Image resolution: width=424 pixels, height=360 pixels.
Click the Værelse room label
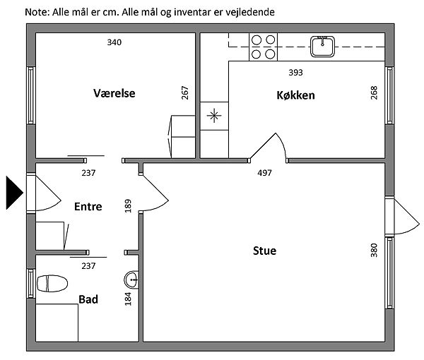(x=114, y=93)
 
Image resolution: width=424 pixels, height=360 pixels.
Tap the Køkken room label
(x=295, y=95)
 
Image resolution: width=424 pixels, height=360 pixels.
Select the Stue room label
(x=264, y=251)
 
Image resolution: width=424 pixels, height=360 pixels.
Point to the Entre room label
(x=88, y=207)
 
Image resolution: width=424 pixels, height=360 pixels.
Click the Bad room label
(x=88, y=299)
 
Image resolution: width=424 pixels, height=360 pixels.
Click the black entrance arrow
(x=14, y=193)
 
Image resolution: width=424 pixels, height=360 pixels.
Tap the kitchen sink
(x=322, y=47)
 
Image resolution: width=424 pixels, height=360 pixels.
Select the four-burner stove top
(x=263, y=47)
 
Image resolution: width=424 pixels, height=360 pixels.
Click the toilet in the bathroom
(x=52, y=284)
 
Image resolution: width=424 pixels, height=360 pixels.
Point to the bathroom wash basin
(x=131, y=280)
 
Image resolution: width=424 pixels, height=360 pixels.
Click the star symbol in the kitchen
(x=214, y=116)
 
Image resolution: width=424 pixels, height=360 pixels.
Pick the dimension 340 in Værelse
(x=114, y=42)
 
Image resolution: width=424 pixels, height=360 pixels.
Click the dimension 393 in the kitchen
(x=295, y=73)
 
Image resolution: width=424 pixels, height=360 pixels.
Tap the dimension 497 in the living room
(x=264, y=173)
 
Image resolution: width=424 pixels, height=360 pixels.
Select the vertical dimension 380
(x=374, y=251)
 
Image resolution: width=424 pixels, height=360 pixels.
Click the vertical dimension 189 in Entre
(x=128, y=206)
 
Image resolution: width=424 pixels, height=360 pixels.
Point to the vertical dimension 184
(x=128, y=299)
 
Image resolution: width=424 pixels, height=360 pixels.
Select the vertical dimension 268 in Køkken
(x=374, y=93)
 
